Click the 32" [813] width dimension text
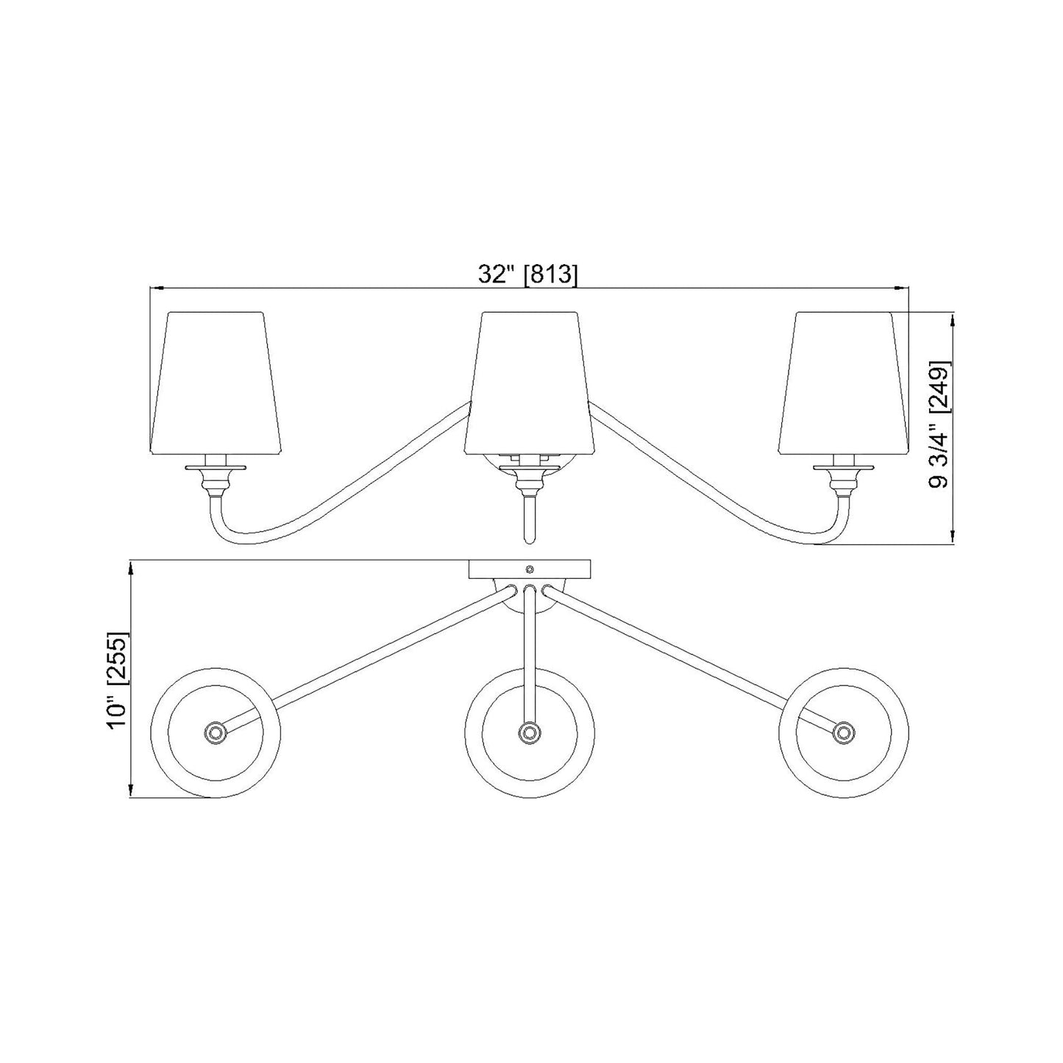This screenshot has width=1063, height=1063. pos(528,274)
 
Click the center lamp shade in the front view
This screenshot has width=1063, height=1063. pos(528,382)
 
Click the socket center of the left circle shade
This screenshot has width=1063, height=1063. pos(215,732)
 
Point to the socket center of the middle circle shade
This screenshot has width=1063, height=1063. pos(529,732)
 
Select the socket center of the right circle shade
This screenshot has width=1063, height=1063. pos(843,732)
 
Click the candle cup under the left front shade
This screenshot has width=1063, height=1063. pos(216,478)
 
